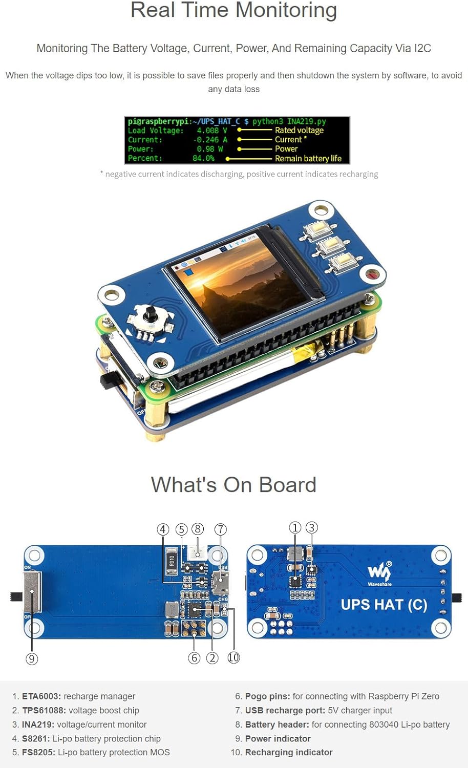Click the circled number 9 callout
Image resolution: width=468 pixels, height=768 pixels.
pyautogui.click(x=32, y=658)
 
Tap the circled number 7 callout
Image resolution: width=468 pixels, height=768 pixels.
pyautogui.click(x=220, y=529)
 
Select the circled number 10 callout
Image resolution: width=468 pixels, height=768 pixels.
pyautogui.click(x=233, y=657)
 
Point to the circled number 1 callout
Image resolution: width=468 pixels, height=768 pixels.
pyautogui.click(x=295, y=528)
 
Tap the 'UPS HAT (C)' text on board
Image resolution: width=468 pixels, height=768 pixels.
pyautogui.click(x=384, y=605)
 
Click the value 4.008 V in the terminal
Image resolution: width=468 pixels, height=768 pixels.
pyautogui.click(x=211, y=131)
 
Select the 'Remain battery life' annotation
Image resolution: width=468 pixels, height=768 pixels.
pyautogui.click(x=308, y=159)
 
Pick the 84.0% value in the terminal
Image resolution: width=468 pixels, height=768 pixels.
pyautogui.click(x=203, y=158)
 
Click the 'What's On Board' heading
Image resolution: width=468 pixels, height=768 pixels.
pyautogui.click(x=233, y=484)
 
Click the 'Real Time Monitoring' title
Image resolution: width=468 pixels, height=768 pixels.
pyautogui.click(x=233, y=10)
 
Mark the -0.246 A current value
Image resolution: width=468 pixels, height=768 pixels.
pyautogui.click(x=210, y=140)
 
